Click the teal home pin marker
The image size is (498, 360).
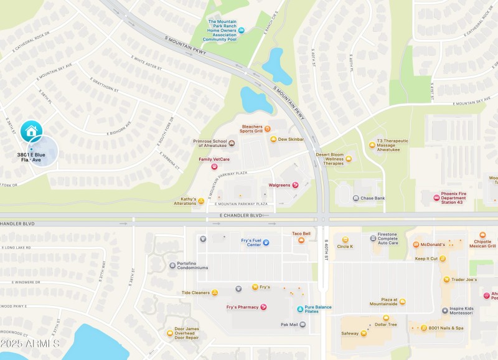coord(31,131)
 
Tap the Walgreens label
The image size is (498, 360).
coord(279,185)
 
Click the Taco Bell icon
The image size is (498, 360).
coord(301,240)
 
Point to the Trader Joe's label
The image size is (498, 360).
coord(463,279)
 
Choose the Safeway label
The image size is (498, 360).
coord(349,333)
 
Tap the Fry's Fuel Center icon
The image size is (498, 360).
coord(266,242)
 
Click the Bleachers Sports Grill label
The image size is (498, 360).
coord(251,129)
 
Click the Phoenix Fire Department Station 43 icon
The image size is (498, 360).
coord(436,197)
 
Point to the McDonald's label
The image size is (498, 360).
coord(433,245)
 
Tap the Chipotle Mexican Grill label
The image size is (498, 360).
coord(482,244)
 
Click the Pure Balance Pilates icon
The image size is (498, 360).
coord(300,309)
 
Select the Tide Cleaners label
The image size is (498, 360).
coord(195,292)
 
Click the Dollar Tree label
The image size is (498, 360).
coord(385,324)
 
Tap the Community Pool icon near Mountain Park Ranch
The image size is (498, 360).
coord(242,30)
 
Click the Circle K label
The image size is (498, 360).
coord(345,246)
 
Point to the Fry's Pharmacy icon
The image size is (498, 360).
coord(263,307)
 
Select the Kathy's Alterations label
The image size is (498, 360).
coord(184,201)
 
